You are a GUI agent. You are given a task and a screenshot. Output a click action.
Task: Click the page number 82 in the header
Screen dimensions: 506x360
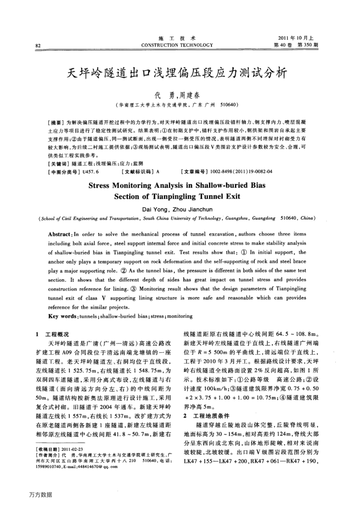point(38,45)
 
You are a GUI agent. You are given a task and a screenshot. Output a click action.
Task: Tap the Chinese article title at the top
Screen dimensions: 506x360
point(179,71)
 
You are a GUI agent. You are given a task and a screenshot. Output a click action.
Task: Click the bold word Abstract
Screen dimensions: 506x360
point(58,218)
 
